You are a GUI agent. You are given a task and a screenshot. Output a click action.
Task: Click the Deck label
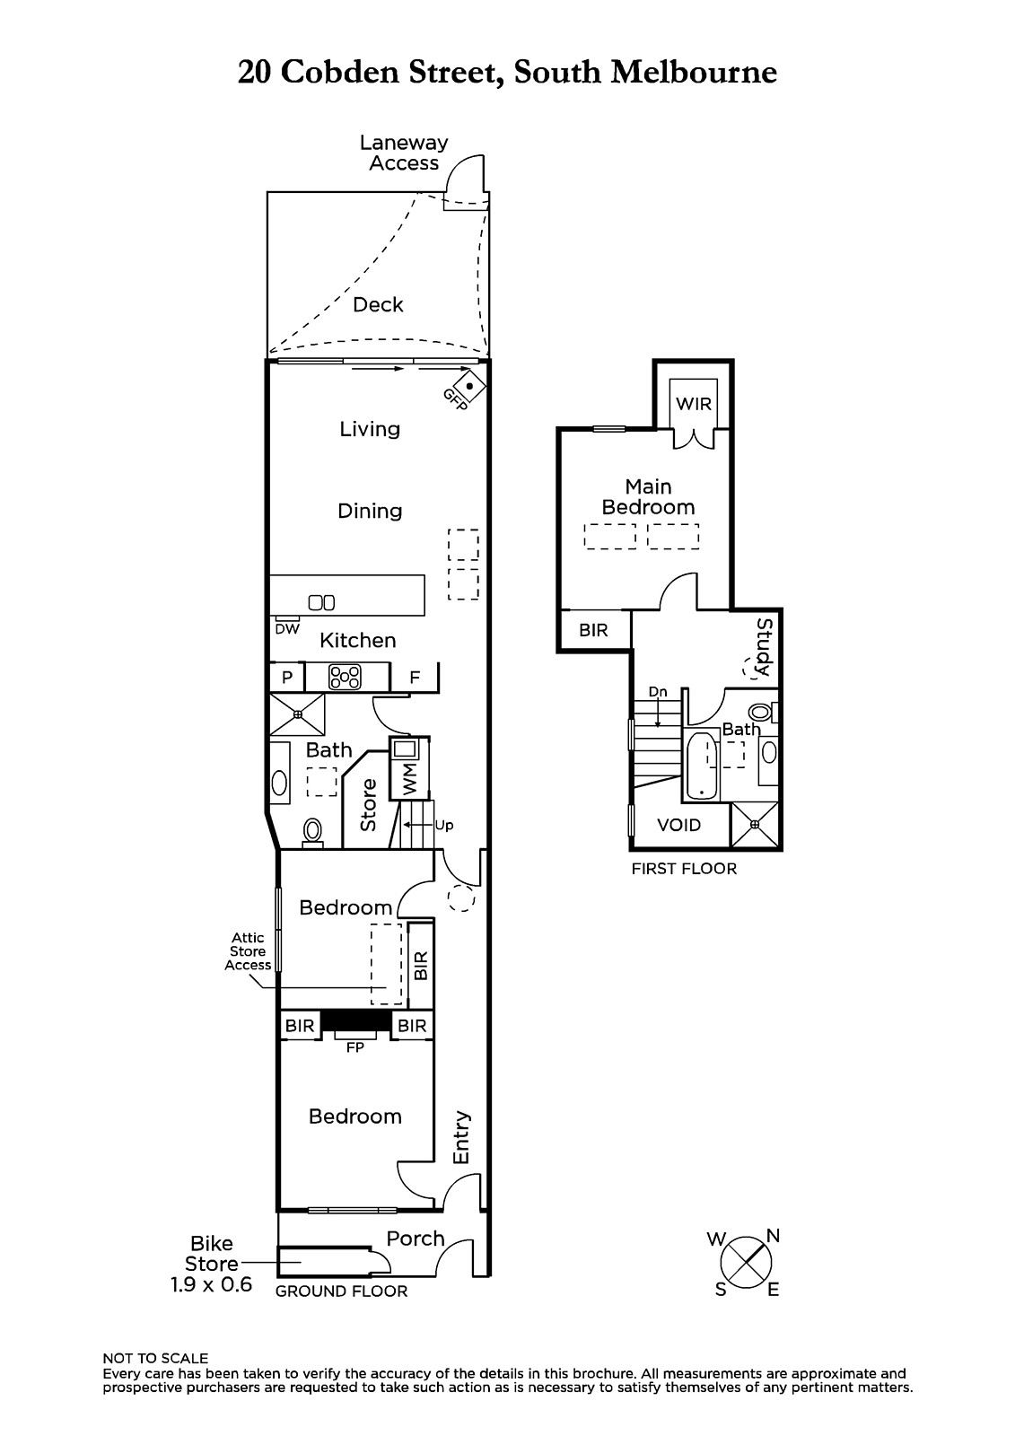coord(378,304)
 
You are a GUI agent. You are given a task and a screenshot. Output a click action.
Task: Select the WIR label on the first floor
coord(693,404)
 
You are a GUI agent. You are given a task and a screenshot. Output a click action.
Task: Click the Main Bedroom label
coord(648,497)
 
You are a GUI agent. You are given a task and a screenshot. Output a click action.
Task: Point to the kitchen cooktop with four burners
coord(345,677)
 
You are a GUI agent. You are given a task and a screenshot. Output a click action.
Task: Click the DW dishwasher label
coord(287,629)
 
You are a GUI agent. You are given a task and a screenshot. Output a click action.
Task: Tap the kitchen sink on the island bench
coord(321,602)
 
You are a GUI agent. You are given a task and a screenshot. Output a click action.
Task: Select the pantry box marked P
coord(286,677)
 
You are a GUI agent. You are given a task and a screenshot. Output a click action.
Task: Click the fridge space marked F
coord(415,677)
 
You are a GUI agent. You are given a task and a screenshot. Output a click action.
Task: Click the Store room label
coord(368,804)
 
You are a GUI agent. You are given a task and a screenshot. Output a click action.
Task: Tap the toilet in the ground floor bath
coord(313,833)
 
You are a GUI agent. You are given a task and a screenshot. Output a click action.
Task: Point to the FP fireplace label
coord(355,1047)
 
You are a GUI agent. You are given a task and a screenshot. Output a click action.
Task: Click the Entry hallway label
coord(461,1137)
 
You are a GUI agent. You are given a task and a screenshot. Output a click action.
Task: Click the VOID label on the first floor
coord(679,825)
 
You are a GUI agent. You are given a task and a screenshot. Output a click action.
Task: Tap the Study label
coord(765,647)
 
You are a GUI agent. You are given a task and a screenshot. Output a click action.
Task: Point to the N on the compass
coord(773,1235)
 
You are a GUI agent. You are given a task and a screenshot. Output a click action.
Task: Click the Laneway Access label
coord(404,153)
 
